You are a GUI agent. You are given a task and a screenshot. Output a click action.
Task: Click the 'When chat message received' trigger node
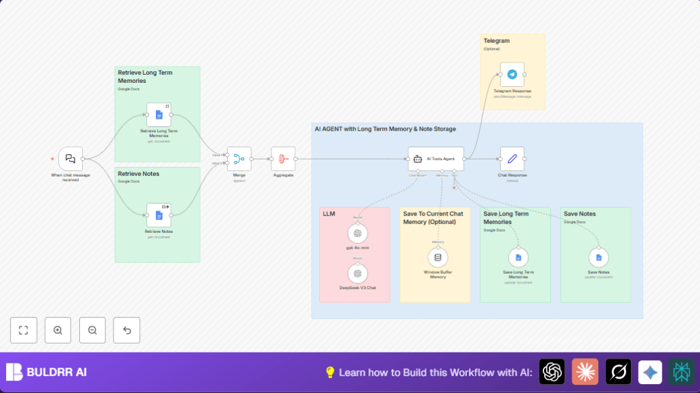[x=70, y=159]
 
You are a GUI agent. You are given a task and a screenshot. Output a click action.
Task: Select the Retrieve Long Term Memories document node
[x=159, y=115]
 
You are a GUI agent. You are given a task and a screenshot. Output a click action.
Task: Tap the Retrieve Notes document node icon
[x=159, y=215]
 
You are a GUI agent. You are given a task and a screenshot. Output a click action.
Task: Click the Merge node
[x=239, y=159]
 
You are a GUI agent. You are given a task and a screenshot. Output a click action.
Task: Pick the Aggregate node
[x=283, y=159]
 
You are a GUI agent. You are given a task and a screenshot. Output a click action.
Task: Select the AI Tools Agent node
[x=436, y=159]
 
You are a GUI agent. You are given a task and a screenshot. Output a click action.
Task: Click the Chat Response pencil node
[x=512, y=159]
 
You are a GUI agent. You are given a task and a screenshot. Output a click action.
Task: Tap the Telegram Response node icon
[x=512, y=74]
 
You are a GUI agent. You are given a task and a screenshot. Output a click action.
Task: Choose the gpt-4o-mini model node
[x=357, y=233]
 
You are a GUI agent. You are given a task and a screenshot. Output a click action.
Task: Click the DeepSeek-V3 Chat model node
[x=357, y=273]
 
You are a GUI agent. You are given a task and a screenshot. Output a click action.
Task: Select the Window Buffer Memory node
[x=438, y=257]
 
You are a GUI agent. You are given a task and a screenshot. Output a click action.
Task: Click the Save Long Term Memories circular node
[x=518, y=257]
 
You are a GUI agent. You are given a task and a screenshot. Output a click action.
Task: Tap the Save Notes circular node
[x=599, y=257]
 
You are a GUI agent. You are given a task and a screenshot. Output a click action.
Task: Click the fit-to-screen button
[x=24, y=330]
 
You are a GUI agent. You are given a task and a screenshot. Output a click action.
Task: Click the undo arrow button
[x=126, y=330]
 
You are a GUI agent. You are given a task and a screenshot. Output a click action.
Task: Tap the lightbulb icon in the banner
[x=330, y=372]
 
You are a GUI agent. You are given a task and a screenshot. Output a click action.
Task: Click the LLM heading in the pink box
[x=329, y=214]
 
